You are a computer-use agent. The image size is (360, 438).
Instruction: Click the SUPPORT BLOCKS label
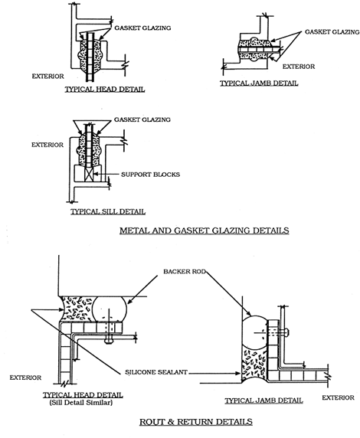click(150, 175)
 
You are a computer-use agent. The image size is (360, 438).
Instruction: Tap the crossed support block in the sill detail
click(88, 175)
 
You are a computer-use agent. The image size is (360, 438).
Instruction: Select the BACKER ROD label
click(185, 271)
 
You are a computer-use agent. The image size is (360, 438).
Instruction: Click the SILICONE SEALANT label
click(156, 372)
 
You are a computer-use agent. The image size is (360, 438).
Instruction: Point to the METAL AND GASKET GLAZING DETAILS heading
click(205, 230)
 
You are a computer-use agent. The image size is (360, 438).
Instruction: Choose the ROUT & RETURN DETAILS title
click(196, 421)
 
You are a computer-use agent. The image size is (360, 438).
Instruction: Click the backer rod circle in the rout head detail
click(109, 309)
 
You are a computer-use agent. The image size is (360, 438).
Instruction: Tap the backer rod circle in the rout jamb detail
click(254, 332)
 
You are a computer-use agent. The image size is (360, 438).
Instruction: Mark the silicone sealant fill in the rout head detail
click(77, 309)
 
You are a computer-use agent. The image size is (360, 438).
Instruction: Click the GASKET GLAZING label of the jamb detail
click(332, 32)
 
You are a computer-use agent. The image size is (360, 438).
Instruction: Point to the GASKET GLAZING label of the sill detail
click(142, 119)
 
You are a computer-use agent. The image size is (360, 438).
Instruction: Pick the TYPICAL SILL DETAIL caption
click(108, 211)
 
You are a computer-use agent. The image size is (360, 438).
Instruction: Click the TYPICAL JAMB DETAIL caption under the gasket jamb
click(259, 83)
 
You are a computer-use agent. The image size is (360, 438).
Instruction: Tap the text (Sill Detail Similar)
click(81, 403)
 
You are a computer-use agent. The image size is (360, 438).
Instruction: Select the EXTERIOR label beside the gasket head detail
click(47, 77)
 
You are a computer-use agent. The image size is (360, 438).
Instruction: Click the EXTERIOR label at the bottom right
click(338, 397)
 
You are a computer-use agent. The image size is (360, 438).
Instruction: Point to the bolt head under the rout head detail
click(109, 341)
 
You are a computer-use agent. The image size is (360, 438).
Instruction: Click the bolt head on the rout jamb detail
click(287, 332)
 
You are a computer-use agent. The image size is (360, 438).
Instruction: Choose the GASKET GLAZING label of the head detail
click(142, 28)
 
